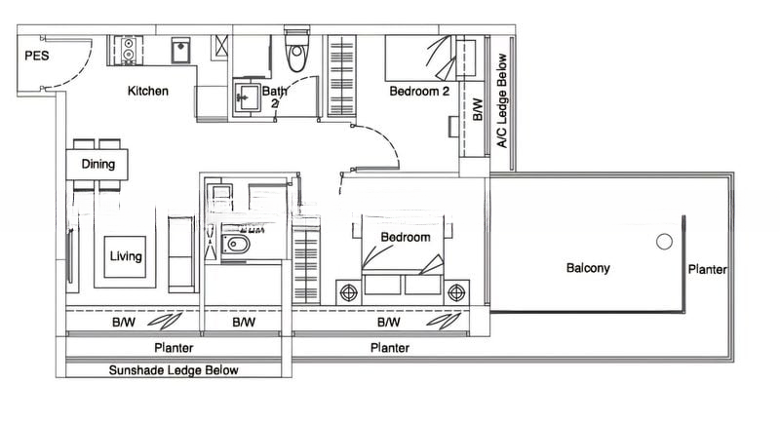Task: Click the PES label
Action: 37,56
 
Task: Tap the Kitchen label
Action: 148,91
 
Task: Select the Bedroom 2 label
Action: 419,92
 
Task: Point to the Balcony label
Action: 588,268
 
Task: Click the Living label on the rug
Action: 126,256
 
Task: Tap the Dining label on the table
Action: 98,164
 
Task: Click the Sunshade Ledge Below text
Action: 174,370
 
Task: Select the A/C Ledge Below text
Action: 502,100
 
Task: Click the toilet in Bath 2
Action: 297,52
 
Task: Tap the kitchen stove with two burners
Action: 128,49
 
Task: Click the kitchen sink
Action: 180,51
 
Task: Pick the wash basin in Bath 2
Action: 246,96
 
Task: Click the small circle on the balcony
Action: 664,242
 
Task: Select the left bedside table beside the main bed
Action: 349,292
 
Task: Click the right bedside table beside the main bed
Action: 456,292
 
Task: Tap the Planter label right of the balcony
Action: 708,269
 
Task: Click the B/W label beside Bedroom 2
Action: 478,109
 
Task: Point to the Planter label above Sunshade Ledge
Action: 174,347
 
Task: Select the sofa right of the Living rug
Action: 181,254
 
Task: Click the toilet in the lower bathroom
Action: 235,245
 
